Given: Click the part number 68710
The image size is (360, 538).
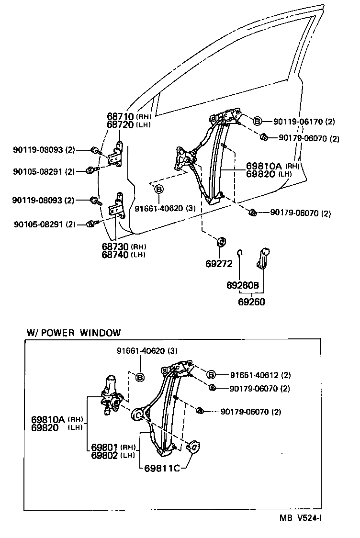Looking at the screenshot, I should pyautogui.click(x=121, y=117).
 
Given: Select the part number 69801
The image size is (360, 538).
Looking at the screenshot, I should pyautogui.click(x=105, y=448).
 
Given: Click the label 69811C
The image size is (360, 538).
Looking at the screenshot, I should pyautogui.click(x=162, y=468).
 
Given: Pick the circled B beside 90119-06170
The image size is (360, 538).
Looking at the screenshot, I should pyautogui.click(x=257, y=121).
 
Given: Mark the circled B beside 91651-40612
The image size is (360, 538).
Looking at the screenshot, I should pyautogui.click(x=211, y=375).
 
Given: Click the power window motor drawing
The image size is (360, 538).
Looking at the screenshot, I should pyautogui.click(x=112, y=393).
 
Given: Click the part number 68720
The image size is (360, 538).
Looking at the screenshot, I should pyautogui.click(x=121, y=124).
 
